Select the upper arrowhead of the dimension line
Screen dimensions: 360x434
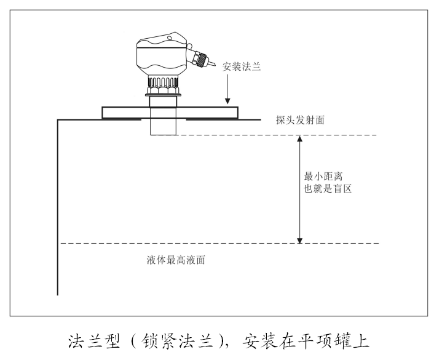point(300,139)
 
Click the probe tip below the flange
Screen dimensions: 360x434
point(163,126)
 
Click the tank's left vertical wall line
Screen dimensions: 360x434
point(58,209)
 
